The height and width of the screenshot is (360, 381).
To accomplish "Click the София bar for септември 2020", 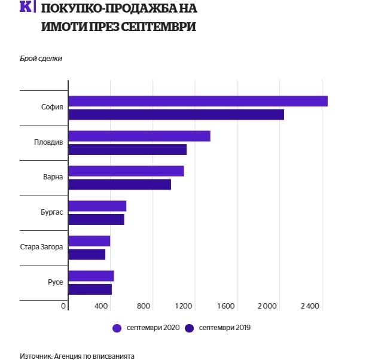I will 198,101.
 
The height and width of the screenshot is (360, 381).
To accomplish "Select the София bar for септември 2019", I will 176,114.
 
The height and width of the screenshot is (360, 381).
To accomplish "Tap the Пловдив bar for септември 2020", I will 139,136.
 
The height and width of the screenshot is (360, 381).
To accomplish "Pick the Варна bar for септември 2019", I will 120,184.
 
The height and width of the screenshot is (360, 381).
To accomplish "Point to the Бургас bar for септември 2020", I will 97,206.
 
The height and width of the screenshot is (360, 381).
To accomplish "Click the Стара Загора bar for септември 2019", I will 87,254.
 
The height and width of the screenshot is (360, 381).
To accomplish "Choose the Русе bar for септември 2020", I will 91,276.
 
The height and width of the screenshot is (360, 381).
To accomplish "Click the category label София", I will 52,108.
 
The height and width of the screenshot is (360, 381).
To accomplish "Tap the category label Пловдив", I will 48,142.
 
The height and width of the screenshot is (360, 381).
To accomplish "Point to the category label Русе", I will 55,282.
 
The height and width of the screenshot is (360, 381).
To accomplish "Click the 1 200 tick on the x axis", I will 184,306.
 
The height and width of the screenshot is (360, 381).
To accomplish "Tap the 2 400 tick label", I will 310,306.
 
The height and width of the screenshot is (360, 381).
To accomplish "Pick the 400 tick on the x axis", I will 101,306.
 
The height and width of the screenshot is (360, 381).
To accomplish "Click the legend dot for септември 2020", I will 117,328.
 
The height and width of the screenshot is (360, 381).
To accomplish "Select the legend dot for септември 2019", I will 190,328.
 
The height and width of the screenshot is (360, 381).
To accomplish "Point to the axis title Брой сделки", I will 41,58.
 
